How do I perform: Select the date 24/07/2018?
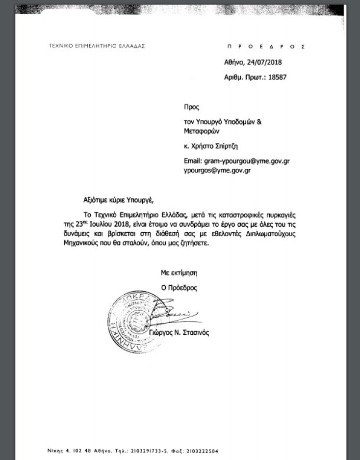point(264,62)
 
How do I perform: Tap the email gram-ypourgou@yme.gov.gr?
point(250,161)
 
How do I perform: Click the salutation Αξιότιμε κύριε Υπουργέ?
point(118,200)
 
